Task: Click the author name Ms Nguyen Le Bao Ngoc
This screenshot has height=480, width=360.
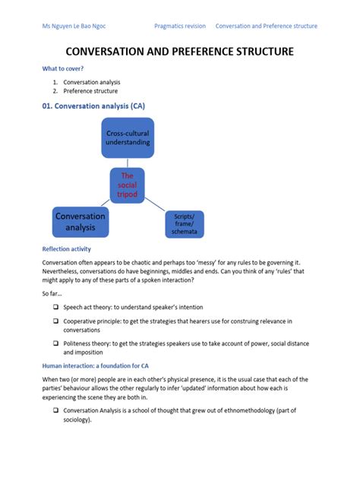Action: click(x=74, y=26)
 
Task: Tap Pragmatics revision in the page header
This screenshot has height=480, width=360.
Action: click(x=179, y=26)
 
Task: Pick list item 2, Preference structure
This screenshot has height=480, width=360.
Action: click(x=90, y=91)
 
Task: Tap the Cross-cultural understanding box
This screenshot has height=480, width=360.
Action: click(x=128, y=137)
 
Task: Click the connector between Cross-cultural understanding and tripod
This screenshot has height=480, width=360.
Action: click(x=128, y=163)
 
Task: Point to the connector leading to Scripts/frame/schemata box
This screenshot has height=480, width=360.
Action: click(x=156, y=204)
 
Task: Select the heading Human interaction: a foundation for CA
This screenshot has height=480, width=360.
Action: click(x=95, y=365)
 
